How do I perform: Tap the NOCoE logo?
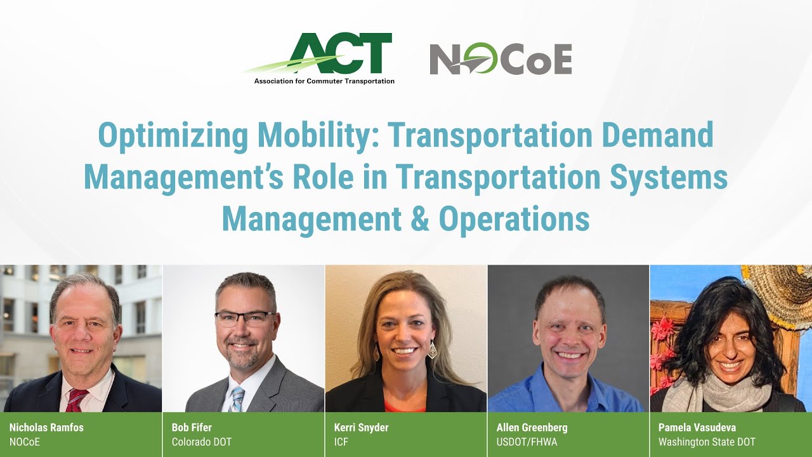pos(501,59)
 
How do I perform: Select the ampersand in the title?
pos(419,219)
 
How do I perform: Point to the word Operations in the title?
pos(514,219)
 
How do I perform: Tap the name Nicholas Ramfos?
pos(46,427)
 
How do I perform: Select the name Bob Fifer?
pos(192,427)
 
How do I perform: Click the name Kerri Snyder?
pos(361,427)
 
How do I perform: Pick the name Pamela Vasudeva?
pos(697,427)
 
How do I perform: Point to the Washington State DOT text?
pos(707,442)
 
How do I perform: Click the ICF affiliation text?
pos(341,442)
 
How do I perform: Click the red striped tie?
pos(75,401)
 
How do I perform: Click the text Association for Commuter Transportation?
pos(324,81)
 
